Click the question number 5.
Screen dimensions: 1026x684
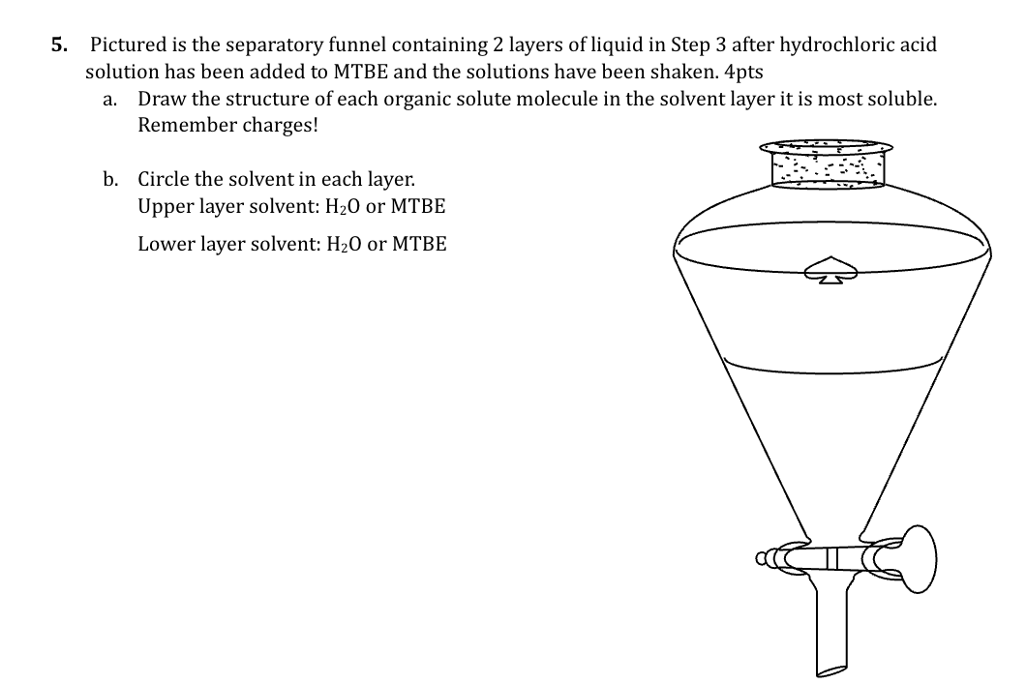point(59,45)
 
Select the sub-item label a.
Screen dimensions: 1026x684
point(109,100)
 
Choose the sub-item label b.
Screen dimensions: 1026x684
point(110,179)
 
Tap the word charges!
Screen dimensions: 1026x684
point(280,126)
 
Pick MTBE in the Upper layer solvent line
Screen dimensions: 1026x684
point(417,206)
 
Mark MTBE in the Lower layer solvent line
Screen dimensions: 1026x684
point(419,244)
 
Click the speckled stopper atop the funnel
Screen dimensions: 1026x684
point(827,164)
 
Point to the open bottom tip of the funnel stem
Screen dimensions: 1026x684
point(831,670)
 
